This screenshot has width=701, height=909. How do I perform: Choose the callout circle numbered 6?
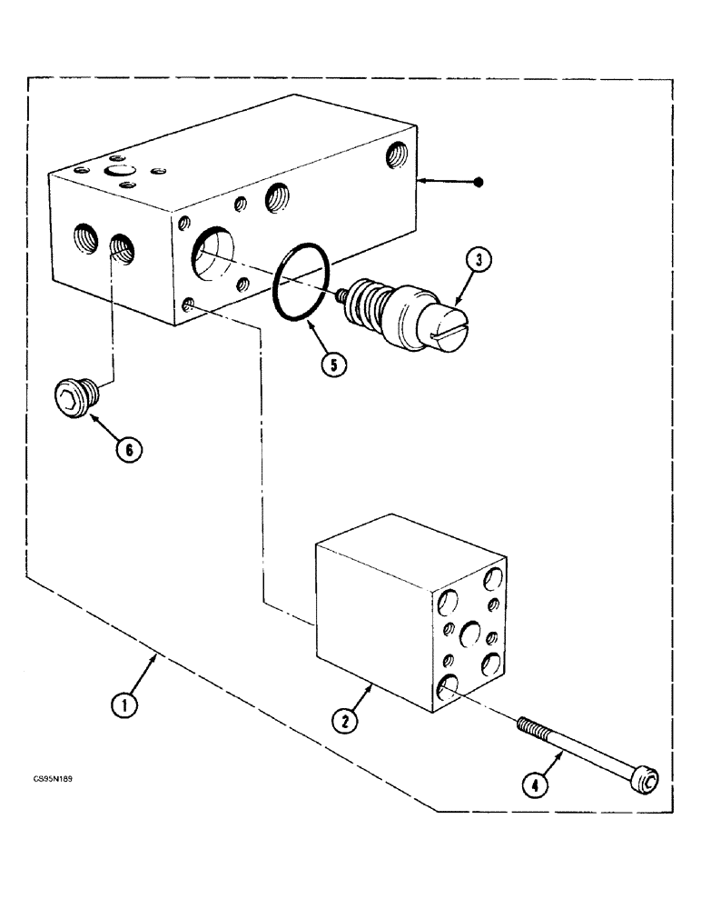click(x=129, y=448)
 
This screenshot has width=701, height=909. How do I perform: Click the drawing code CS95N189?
click(x=57, y=779)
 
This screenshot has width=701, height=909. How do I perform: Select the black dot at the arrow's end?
click(x=479, y=183)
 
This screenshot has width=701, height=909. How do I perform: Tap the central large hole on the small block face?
click(x=469, y=632)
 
